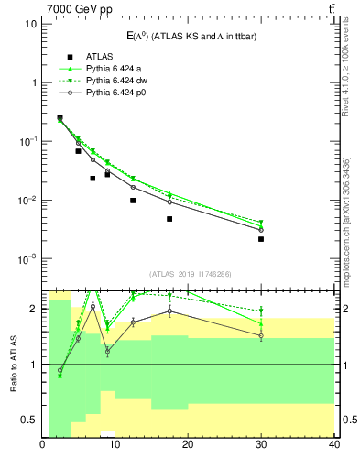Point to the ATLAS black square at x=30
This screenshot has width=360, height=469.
coord(261,239)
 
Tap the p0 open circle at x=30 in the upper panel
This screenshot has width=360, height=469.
coord(261,229)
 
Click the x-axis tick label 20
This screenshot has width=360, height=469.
coord(188,445)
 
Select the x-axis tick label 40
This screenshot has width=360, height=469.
coord(333,445)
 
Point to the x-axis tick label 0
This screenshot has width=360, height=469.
coord(43,445)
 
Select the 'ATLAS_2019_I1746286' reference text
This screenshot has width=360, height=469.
coord(188,274)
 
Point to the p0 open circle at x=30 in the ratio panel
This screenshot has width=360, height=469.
coord(261,336)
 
